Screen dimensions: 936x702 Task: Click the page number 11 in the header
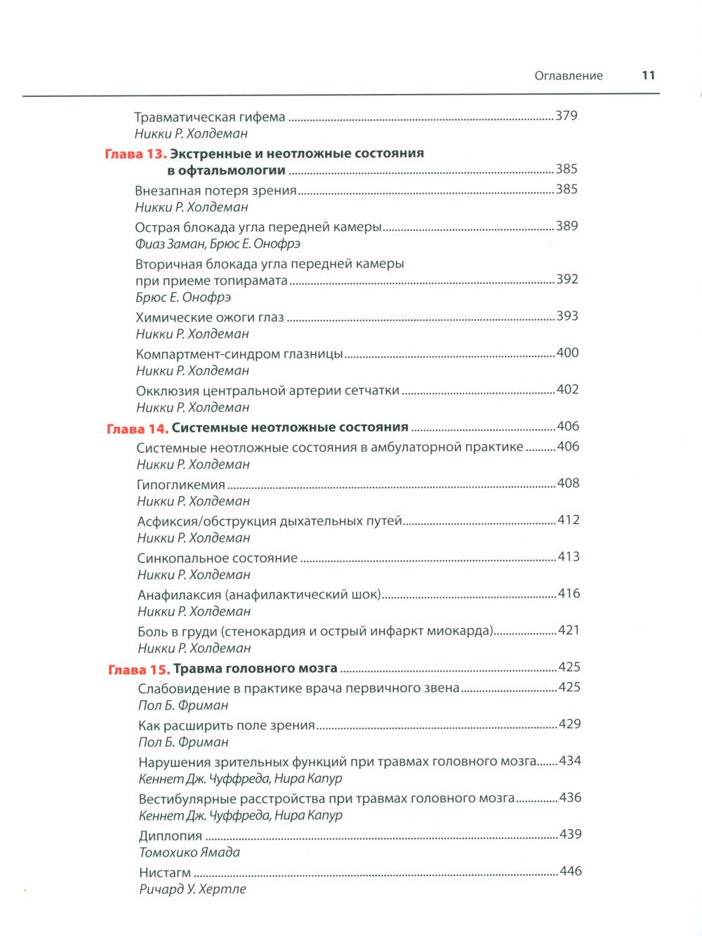(x=648, y=76)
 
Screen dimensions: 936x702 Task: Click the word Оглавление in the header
(x=569, y=76)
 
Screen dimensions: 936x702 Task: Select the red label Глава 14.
(x=137, y=428)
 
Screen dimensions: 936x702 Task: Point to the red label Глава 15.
(x=139, y=669)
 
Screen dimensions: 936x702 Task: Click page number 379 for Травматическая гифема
(x=566, y=116)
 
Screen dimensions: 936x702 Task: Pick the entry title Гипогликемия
(x=181, y=484)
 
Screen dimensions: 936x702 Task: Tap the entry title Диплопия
(x=171, y=836)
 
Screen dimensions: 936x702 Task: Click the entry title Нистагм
(x=165, y=872)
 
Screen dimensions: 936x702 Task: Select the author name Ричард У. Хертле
(x=192, y=889)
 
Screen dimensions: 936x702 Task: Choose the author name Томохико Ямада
(x=190, y=853)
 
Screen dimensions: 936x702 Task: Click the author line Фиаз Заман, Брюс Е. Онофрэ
(x=218, y=244)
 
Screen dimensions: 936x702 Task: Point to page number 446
(x=571, y=871)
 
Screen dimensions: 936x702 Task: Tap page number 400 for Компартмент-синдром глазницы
(x=567, y=352)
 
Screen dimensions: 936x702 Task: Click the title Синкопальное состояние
(x=218, y=558)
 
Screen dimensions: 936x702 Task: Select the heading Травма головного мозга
(x=255, y=668)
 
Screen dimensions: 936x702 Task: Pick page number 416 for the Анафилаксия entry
(x=569, y=594)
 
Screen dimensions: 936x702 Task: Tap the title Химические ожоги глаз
(x=210, y=317)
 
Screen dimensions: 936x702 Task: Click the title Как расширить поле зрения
(x=227, y=725)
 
